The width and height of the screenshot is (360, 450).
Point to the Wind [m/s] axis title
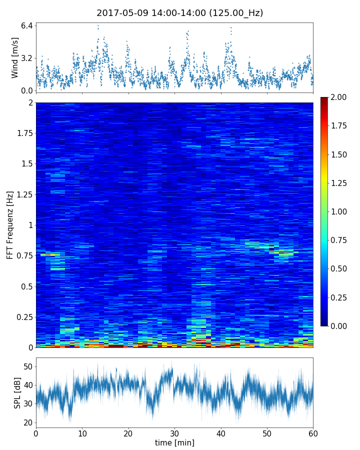15,57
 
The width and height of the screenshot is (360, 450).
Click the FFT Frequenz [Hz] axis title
10,225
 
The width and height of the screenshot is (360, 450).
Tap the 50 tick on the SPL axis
28,366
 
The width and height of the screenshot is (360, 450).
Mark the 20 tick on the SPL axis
28,422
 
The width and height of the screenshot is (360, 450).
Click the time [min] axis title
174,442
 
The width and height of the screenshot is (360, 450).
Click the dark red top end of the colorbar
324,99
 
